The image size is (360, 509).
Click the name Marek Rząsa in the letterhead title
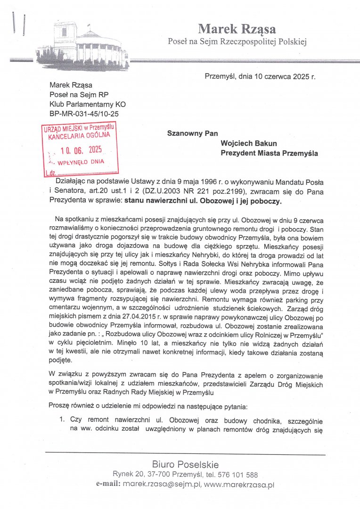tap(237, 29)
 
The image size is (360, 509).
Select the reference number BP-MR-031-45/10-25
tap(84, 114)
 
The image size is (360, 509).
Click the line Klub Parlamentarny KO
tap(88, 104)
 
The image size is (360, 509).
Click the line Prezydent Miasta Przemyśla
tap(270, 153)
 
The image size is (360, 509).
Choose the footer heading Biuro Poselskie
tap(185, 464)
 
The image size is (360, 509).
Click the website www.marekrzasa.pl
tap(239, 484)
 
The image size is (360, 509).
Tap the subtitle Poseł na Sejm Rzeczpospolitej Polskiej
tap(237, 42)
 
